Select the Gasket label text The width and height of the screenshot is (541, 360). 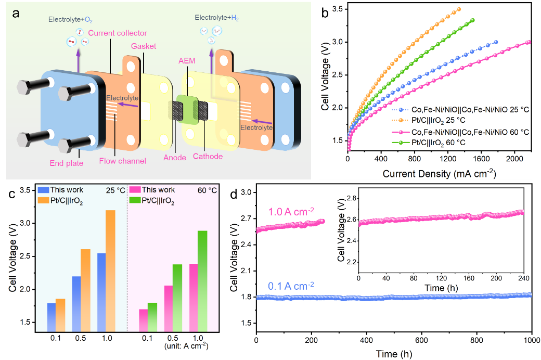pos(144,46)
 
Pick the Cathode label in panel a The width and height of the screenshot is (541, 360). pos(209,157)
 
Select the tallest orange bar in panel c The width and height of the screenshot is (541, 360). pos(110,271)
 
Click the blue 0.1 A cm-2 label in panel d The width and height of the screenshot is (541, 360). pos(291,286)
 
